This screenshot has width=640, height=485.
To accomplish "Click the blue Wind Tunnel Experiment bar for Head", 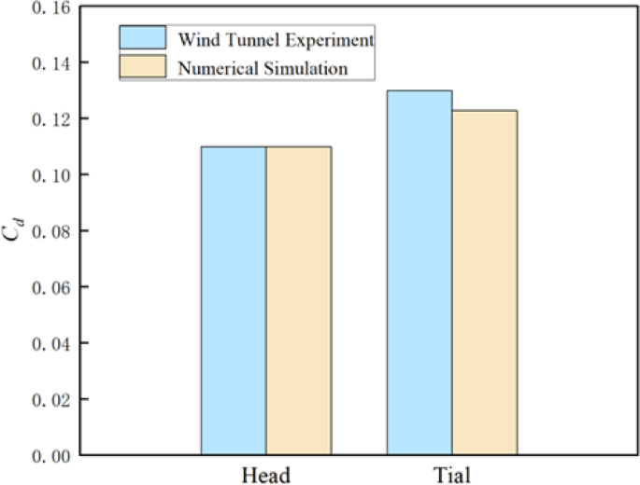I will coord(234,300).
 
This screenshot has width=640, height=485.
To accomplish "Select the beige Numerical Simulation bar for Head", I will coord(298,300).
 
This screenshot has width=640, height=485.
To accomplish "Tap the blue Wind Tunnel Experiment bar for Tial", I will coord(420,272).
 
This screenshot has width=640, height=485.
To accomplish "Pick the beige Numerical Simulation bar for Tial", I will coord(484,283).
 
